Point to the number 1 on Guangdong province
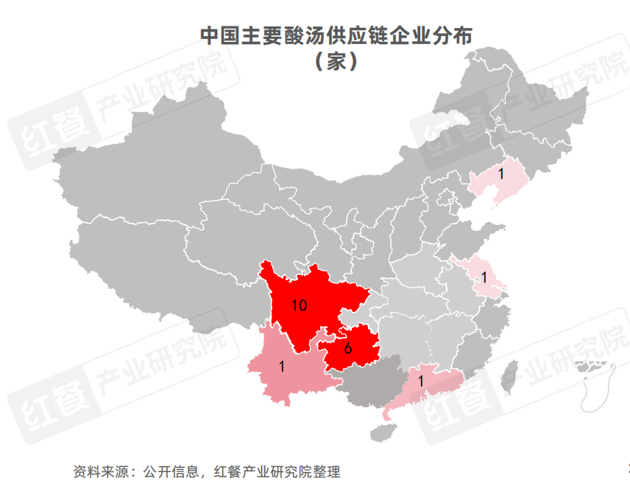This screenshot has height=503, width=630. click(x=420, y=382)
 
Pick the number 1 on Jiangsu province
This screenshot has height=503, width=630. click(x=484, y=277)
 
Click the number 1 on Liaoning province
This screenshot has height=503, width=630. click(x=500, y=174)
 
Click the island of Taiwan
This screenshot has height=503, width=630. click(x=508, y=376)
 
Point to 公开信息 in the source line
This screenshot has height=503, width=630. click(x=171, y=471)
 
